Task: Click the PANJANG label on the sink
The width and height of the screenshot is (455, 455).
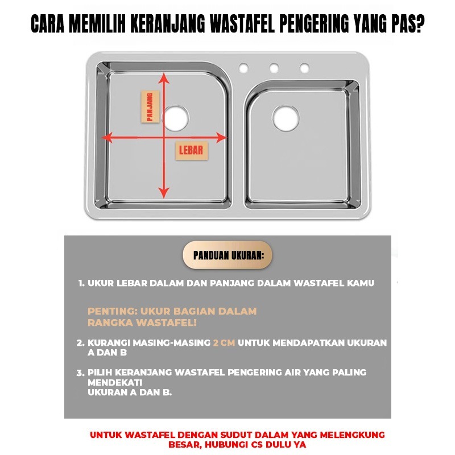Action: (150, 106)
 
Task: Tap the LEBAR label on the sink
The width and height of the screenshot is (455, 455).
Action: (192, 150)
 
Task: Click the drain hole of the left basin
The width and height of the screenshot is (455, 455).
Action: (176, 118)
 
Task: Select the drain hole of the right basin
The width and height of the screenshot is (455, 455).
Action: (286, 118)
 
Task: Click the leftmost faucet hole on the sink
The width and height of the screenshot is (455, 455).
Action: (244, 68)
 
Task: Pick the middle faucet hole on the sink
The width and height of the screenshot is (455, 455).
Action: (274, 68)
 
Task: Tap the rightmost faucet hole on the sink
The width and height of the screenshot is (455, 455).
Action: (304, 68)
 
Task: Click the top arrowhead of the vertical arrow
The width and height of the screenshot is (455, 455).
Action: (164, 78)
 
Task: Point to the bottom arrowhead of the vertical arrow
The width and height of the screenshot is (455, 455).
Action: (164, 193)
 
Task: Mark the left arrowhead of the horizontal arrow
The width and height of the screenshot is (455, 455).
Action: (107, 138)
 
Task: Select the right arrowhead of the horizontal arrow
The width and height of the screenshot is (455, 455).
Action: (221, 138)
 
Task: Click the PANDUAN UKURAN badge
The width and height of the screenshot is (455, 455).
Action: (227, 255)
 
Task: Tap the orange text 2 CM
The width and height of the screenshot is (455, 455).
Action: (224, 343)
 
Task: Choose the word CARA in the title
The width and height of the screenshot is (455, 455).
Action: (48, 24)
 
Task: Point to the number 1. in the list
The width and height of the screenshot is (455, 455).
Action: (81, 283)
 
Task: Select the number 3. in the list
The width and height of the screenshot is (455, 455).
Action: (80, 373)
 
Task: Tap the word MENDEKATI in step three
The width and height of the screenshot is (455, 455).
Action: (115, 382)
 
